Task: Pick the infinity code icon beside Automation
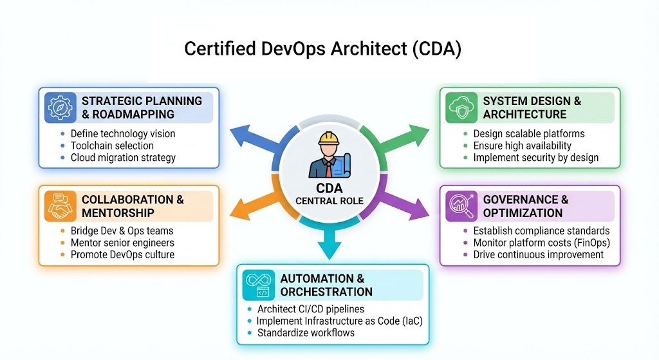[259, 285]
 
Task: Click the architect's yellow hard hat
[328, 138]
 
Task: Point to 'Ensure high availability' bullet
[522, 146]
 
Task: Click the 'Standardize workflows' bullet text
[306, 333]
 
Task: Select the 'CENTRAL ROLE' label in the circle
[329, 201]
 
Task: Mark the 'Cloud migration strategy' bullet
[123, 157]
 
